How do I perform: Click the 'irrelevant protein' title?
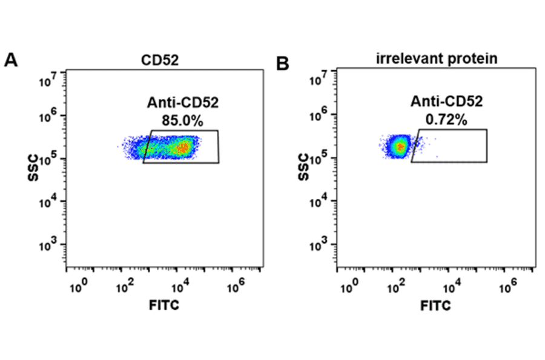[437, 59]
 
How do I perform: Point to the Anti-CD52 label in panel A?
[182, 103]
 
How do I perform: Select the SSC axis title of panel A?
[33, 168]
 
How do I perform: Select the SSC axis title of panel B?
[304, 168]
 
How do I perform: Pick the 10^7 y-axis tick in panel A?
[48, 76]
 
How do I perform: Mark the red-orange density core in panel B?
[400, 146]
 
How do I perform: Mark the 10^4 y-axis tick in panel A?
[48, 202]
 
